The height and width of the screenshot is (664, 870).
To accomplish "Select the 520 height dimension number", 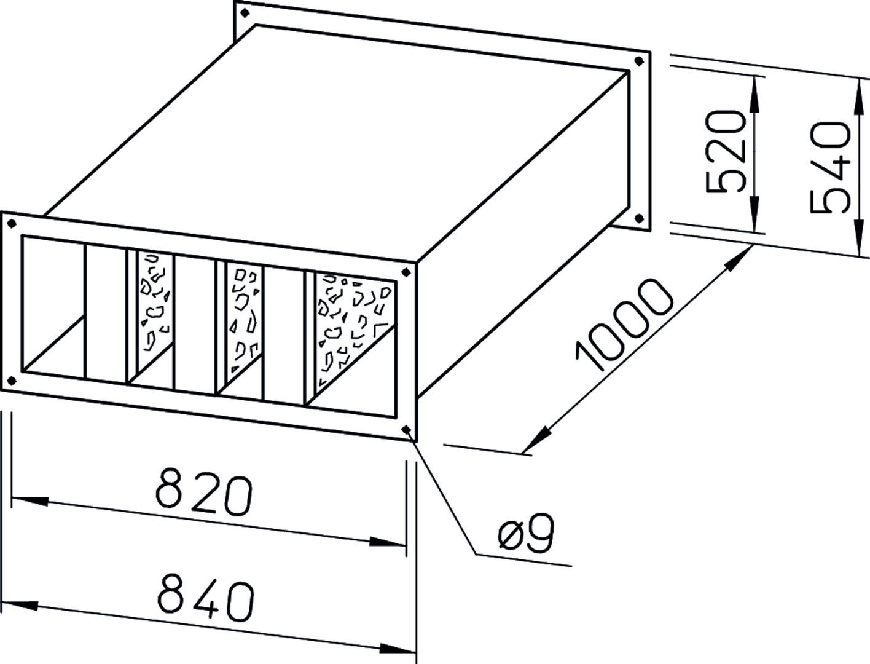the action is (x=726, y=152).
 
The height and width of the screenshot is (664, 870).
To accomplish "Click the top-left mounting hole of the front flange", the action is (x=12, y=224).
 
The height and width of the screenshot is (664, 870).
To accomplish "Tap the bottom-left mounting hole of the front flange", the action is (x=12, y=381).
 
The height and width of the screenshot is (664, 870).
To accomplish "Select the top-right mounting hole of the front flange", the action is (x=406, y=272).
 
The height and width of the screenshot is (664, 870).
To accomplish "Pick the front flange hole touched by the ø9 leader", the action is (x=406, y=429).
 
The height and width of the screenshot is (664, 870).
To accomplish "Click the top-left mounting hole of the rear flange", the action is (x=245, y=13).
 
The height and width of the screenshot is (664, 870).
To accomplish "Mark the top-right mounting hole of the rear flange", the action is (x=639, y=61).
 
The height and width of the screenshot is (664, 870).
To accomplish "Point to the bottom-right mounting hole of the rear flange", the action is (x=639, y=218).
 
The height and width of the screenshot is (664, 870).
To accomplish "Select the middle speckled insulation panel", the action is (x=243, y=318).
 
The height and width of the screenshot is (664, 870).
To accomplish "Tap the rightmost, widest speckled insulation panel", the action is (x=355, y=331).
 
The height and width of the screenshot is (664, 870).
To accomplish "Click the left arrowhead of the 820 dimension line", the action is (x=30, y=501).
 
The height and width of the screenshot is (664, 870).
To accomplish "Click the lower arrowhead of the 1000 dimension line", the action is (x=536, y=439).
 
